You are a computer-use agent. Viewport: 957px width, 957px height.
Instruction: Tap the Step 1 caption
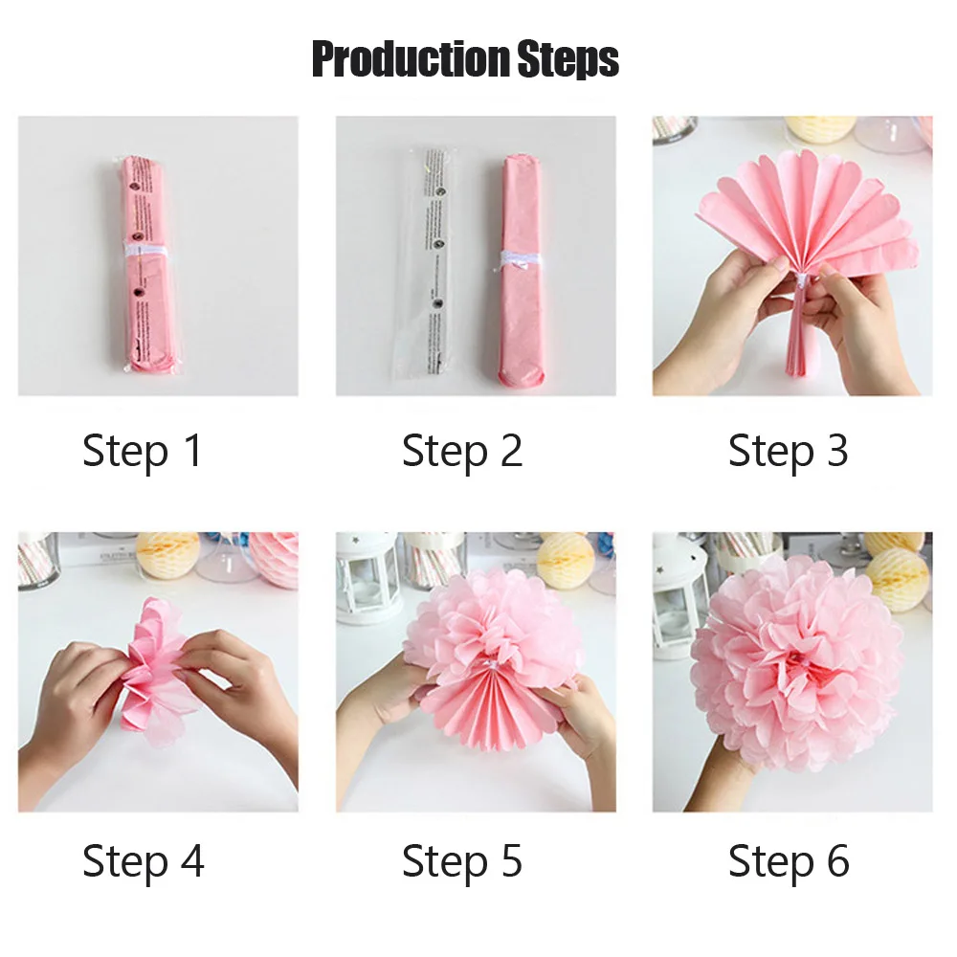(x=143, y=451)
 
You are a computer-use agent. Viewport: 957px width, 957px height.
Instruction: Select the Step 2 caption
(x=462, y=451)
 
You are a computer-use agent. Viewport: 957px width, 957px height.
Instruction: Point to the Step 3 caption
(x=788, y=451)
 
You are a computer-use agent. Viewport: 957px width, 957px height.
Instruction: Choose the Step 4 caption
(x=143, y=860)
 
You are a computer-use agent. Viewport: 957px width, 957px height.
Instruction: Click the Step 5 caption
(x=462, y=860)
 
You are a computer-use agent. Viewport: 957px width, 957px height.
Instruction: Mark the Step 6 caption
(x=788, y=860)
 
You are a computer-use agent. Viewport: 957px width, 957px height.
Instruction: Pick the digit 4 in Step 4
(x=190, y=860)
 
